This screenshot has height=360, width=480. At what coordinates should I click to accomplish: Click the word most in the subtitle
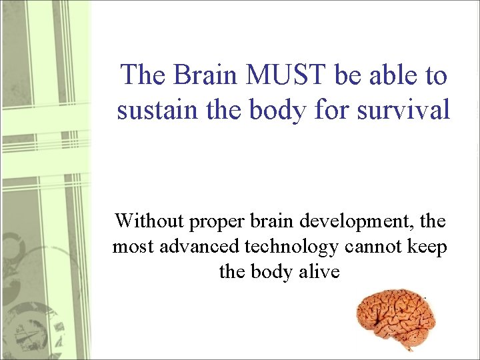(x=131, y=247)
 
